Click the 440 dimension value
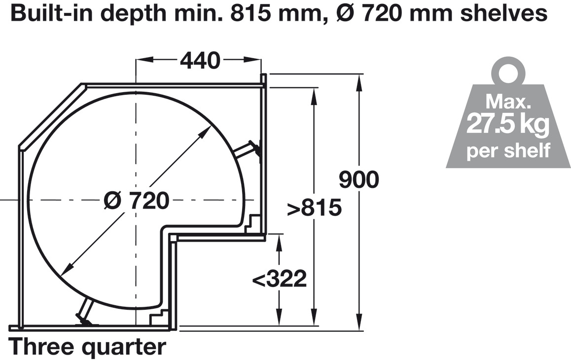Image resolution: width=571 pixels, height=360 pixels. click(x=200, y=61)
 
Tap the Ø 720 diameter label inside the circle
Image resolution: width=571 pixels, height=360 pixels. click(x=137, y=200)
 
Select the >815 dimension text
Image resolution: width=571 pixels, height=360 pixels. click(x=314, y=208)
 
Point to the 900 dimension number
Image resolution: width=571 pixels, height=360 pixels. click(x=358, y=180)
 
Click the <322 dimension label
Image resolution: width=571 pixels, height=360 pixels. click(x=279, y=279)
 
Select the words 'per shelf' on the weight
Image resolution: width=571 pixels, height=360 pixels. click(x=508, y=150)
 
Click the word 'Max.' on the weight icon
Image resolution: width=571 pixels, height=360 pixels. click(x=508, y=102)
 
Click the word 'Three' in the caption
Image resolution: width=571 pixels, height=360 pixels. click(x=41, y=347)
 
